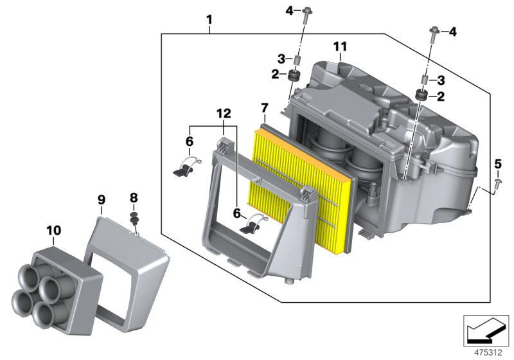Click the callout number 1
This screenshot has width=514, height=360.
[x=209, y=21]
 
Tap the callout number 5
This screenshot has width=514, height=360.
[x=497, y=164]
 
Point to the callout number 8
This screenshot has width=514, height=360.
[x=134, y=197]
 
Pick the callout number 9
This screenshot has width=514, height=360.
[x=101, y=200]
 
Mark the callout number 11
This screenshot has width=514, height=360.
[x=340, y=46]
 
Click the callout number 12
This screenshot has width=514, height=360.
[x=223, y=113]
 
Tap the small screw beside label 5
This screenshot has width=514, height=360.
[x=498, y=184]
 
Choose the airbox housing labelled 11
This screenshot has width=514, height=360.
[x=411, y=148]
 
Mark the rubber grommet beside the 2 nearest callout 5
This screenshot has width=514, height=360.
[x=421, y=96]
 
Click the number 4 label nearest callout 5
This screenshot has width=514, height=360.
[x=452, y=32]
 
